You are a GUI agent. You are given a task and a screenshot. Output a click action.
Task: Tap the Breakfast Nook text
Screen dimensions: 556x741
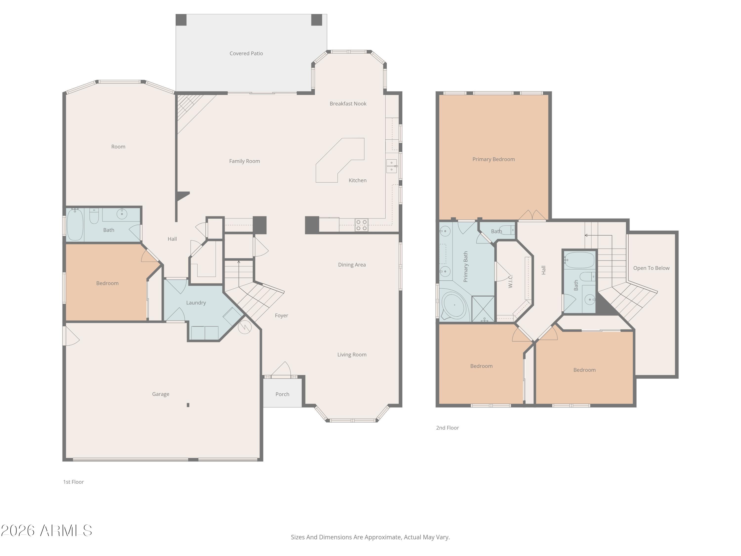pyautogui.click(x=348, y=104)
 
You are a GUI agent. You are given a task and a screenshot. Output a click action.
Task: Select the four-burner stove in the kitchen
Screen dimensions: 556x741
pyautogui.click(x=361, y=225)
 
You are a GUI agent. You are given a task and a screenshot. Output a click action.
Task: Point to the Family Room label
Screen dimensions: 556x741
pyautogui.click(x=244, y=161)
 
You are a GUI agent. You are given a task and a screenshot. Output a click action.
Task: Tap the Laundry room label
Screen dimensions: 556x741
pyautogui.click(x=196, y=303)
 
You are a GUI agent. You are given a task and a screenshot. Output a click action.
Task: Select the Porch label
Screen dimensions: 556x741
pyautogui.click(x=282, y=394)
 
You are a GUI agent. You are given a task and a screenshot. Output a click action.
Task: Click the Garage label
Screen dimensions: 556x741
pyautogui.click(x=161, y=394)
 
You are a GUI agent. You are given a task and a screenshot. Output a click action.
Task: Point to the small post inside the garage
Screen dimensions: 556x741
pyautogui.click(x=188, y=405)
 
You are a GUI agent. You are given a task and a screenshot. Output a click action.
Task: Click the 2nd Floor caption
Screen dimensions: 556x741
pyautogui.click(x=447, y=428)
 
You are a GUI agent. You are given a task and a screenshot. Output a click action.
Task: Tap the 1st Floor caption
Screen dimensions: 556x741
pyautogui.click(x=73, y=482)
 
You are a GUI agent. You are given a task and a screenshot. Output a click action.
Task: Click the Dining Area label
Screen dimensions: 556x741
pyautogui.click(x=351, y=265)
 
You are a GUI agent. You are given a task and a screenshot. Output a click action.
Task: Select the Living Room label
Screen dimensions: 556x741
pyautogui.click(x=351, y=355)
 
